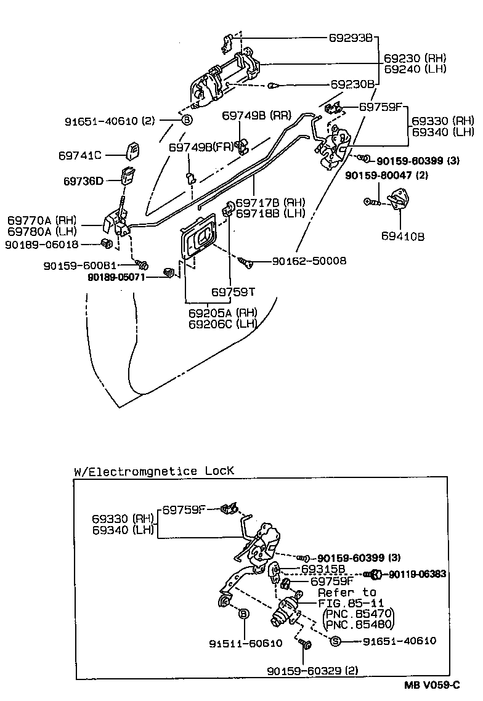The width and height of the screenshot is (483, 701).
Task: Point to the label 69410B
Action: tap(403, 235)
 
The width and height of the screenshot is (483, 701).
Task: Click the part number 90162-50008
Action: tap(309, 261)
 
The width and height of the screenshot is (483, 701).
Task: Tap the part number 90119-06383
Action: tap(418, 574)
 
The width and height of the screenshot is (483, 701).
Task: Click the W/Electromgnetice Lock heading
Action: tap(154, 471)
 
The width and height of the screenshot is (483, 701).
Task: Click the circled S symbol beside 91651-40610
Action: tap(336, 641)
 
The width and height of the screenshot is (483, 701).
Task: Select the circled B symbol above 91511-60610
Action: tap(243, 614)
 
